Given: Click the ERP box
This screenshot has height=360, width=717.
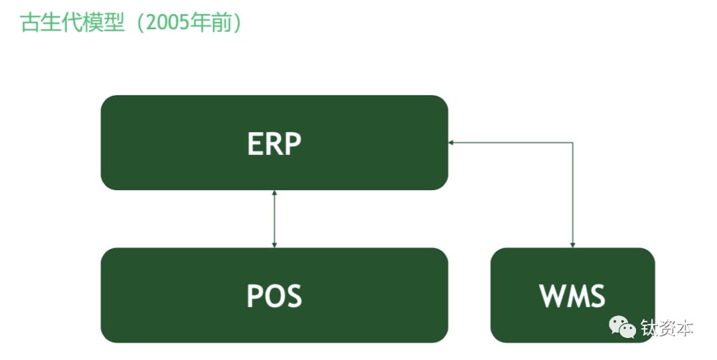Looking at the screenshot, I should click(x=274, y=143).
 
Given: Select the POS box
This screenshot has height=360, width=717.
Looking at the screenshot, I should click(x=274, y=295).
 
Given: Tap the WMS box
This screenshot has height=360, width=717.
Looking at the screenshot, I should click(x=572, y=295).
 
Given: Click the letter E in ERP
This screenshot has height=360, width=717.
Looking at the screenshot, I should click(x=256, y=143).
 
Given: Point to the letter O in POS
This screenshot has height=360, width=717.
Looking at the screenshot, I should click(x=275, y=296).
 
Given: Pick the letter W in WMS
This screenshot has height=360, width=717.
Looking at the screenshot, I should click(x=552, y=296).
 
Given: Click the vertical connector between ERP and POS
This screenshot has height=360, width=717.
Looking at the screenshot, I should click(x=274, y=219).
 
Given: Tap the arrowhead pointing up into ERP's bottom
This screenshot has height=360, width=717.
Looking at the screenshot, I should click(x=274, y=193).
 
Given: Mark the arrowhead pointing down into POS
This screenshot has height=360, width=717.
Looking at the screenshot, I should click(x=274, y=244).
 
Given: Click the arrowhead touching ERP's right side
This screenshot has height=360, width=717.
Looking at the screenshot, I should click(x=451, y=142).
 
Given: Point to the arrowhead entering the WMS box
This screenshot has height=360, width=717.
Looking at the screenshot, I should click(x=572, y=244).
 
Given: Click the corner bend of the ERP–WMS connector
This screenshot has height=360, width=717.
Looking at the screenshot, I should click(x=572, y=142).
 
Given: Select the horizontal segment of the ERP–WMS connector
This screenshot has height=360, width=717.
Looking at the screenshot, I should click(x=511, y=142).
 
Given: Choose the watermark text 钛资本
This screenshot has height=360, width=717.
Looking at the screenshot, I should click(x=667, y=328).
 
